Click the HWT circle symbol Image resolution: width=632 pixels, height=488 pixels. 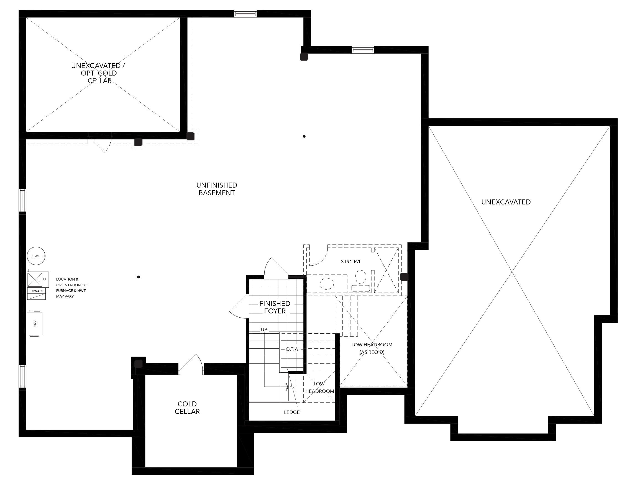pyautogui.click(x=36, y=256)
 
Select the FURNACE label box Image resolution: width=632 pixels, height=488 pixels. pyautogui.click(x=37, y=291)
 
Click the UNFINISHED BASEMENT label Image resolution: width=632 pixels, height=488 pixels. pyautogui.click(x=217, y=189)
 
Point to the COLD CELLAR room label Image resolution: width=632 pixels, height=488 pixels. pyautogui.click(x=187, y=408)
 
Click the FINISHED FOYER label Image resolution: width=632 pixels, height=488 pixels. pyautogui.click(x=275, y=307)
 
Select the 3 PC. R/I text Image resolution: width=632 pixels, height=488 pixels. pyautogui.click(x=350, y=262)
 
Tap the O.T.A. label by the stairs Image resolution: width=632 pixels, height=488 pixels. pyautogui.click(x=293, y=349)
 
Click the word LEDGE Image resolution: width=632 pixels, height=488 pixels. pyautogui.click(x=292, y=412)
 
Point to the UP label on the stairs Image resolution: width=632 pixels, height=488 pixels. pyautogui.click(x=264, y=329)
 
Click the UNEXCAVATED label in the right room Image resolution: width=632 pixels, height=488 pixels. pyautogui.click(x=506, y=202)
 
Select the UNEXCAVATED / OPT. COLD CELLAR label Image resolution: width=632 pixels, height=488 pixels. pyautogui.click(x=98, y=73)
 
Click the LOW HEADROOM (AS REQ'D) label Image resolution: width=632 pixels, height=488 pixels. pyautogui.click(x=372, y=349)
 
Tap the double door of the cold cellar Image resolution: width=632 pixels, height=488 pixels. pyautogui.click(x=191, y=365)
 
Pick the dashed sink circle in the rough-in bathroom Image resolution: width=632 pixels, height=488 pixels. pyautogui.click(x=326, y=284)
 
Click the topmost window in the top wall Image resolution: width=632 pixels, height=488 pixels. pyautogui.click(x=245, y=14)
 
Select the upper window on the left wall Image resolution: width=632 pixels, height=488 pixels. pyautogui.click(x=22, y=200)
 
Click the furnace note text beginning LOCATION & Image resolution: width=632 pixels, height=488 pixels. pyautogui.click(x=71, y=288)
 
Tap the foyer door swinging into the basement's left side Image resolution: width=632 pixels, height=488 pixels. pyautogui.click(x=239, y=306)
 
